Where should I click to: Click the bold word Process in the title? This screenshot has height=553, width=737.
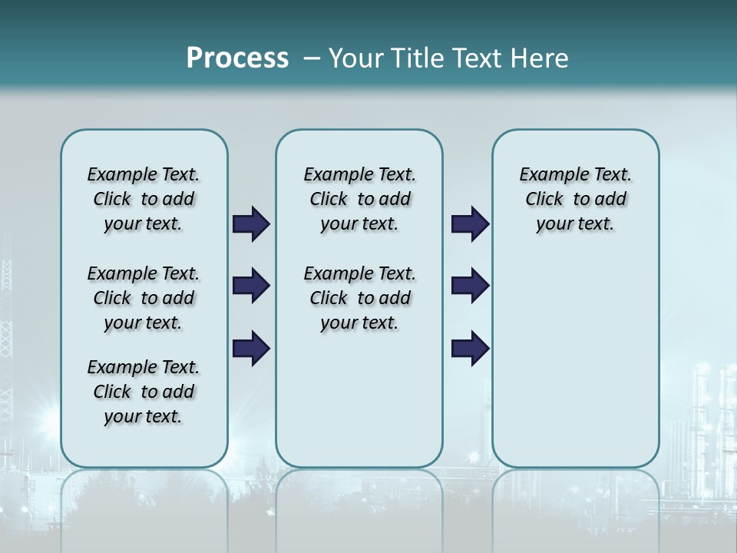(x=237, y=58)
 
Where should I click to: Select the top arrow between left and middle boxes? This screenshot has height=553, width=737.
(x=250, y=224)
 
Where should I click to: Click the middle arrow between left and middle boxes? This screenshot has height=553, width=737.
(x=250, y=286)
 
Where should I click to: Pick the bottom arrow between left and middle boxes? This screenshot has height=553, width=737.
(x=250, y=348)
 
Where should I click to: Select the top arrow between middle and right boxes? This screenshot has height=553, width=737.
(x=470, y=224)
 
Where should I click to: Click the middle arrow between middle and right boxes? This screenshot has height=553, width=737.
(x=470, y=286)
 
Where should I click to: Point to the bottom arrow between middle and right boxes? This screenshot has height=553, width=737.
(x=470, y=348)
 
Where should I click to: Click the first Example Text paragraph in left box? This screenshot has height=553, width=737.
(x=144, y=199)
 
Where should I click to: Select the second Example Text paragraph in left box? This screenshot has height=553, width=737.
(x=144, y=298)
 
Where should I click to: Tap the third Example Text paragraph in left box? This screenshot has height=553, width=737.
(x=144, y=392)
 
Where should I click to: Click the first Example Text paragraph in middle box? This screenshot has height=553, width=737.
(x=359, y=199)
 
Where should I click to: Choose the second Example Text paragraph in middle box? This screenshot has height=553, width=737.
(x=359, y=298)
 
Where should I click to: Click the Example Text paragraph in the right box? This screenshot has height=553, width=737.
(x=575, y=199)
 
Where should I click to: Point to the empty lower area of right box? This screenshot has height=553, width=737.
(x=575, y=361)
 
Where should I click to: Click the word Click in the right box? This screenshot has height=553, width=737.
(x=544, y=200)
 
